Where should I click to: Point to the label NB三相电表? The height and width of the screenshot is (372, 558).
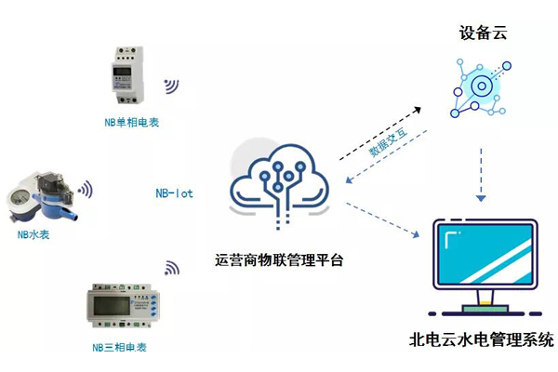coord(119,348)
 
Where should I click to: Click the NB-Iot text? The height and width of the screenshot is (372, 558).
coord(174,194)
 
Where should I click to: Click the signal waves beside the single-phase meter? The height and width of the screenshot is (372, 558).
coord(172,86)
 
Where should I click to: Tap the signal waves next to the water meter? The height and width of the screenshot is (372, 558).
coord(85,191)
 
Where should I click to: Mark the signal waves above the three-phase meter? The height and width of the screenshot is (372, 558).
coord(172,270)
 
